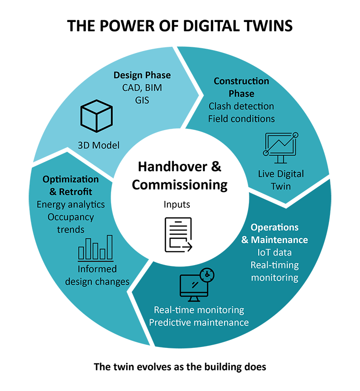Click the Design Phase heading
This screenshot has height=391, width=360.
142,75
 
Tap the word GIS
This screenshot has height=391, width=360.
142,100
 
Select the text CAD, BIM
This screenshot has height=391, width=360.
142,88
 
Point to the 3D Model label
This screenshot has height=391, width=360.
98,145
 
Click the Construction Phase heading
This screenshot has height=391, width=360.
241,87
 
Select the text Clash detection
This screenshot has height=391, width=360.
241,106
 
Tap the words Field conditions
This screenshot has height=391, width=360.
241,118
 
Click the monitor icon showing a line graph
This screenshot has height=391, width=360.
280,146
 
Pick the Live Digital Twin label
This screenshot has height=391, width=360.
281,180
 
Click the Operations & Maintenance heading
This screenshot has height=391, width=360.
275,234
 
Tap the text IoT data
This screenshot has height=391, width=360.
275,253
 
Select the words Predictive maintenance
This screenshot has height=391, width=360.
199,322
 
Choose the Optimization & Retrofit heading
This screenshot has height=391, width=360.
71,185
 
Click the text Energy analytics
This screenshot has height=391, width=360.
71,205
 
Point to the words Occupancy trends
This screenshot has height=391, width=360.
71,223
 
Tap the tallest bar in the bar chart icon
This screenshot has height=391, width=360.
110,247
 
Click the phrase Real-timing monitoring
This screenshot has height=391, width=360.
275,271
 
